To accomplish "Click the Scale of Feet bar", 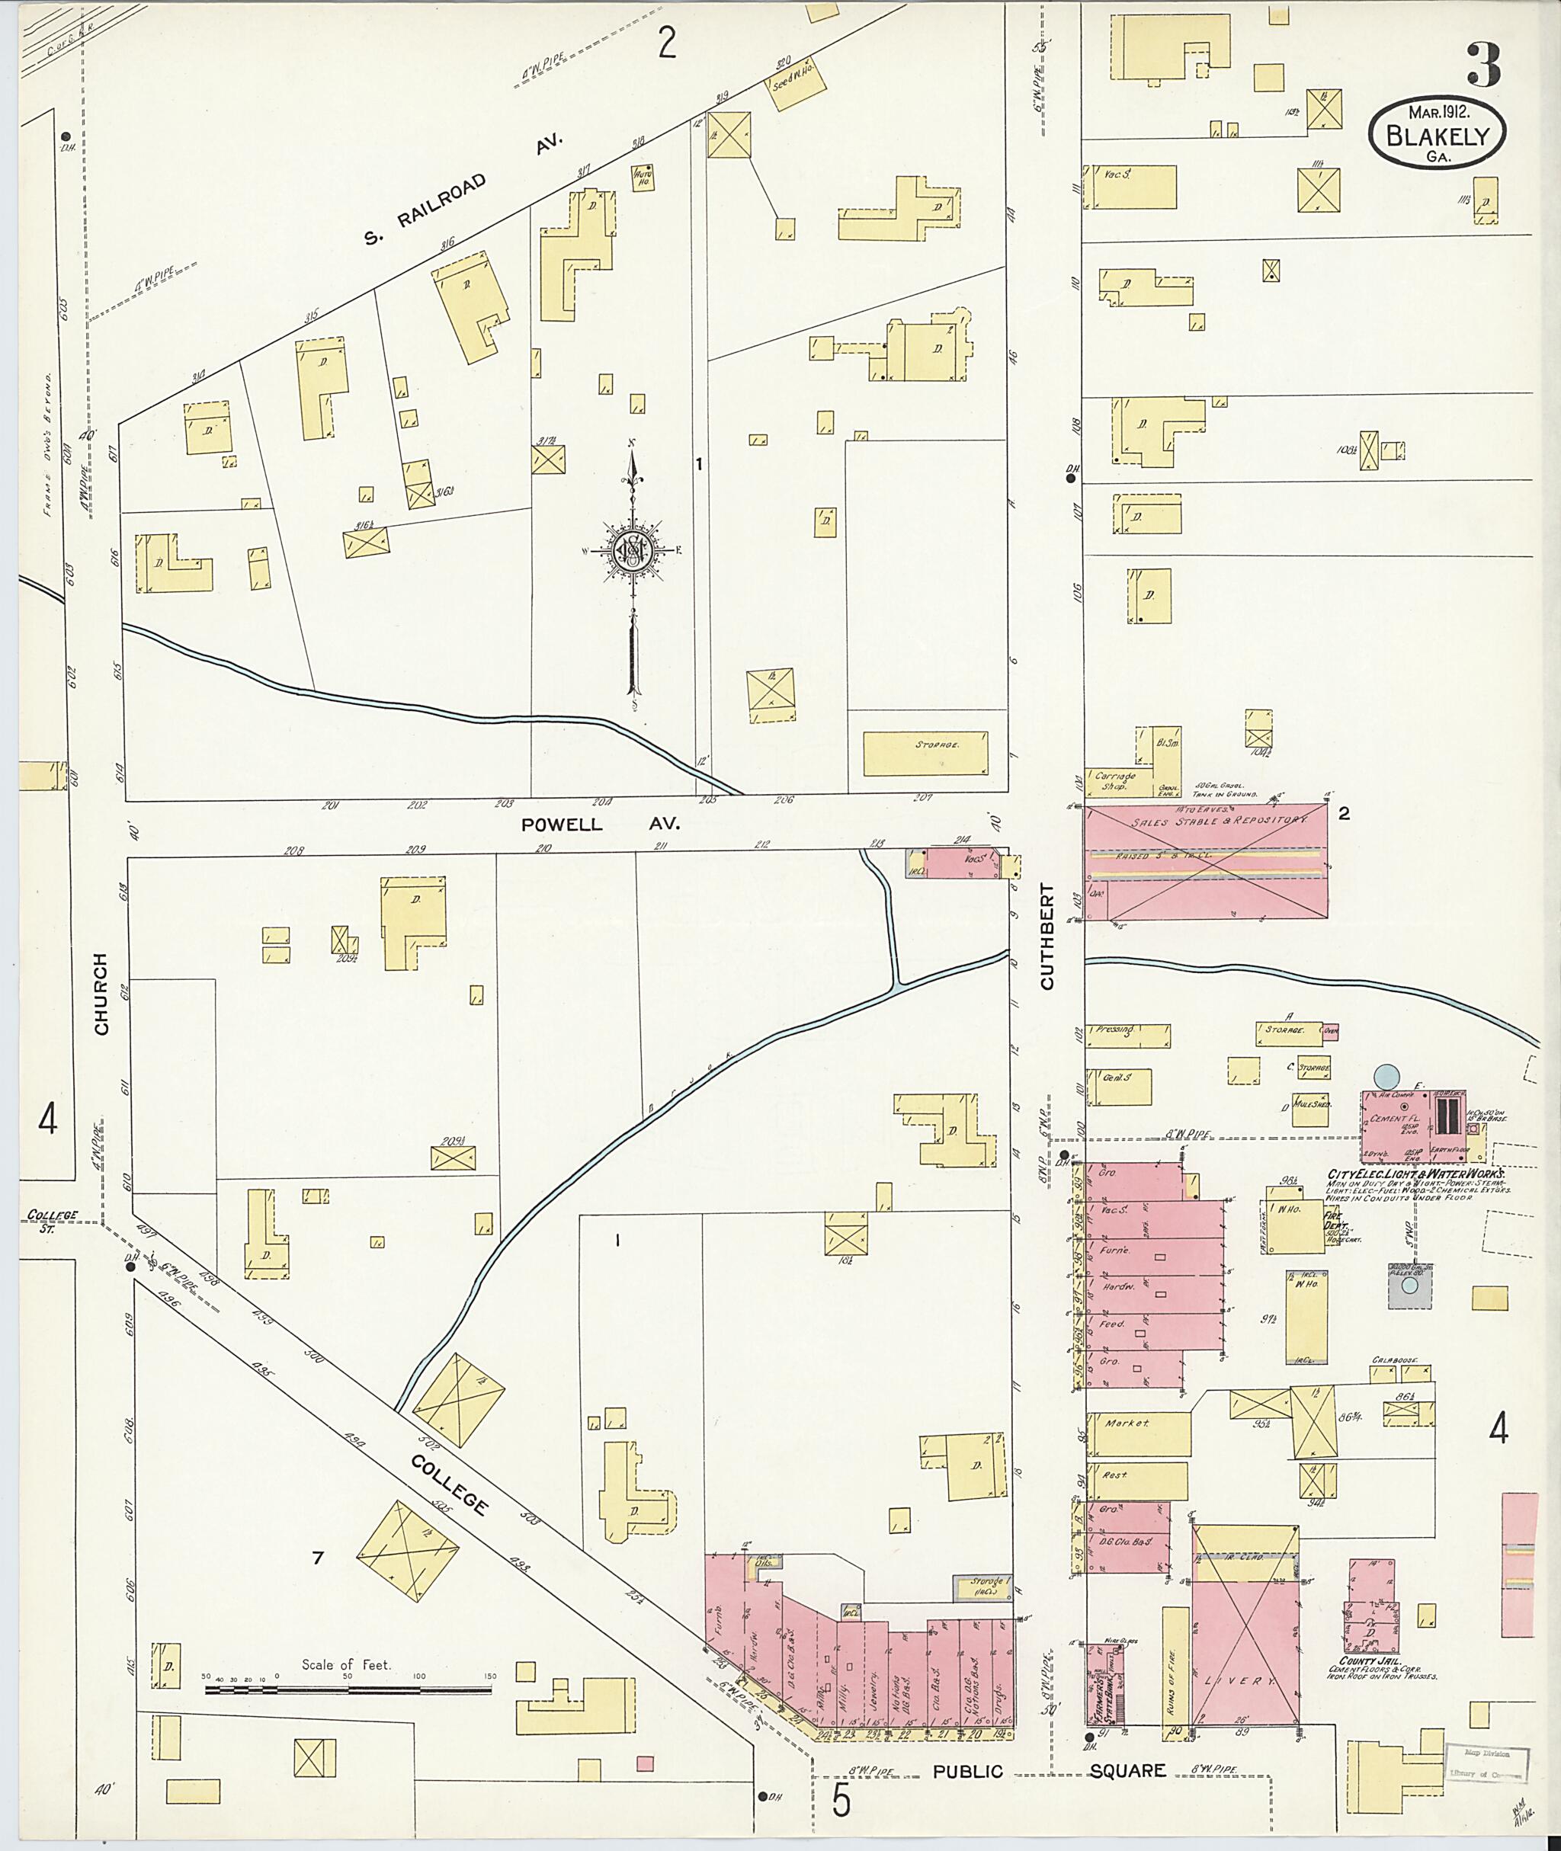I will coord(348,1689).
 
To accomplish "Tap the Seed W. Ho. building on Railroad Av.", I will coord(796,85).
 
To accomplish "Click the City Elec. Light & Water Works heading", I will coord(1414,1174).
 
